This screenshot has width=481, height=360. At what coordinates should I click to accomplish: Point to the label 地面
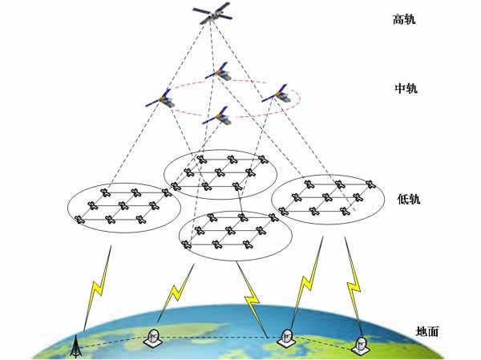tap(426, 331)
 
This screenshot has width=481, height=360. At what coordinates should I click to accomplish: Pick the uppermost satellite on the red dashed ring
tap(220, 73)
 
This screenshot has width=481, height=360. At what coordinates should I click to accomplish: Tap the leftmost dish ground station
tap(154, 338)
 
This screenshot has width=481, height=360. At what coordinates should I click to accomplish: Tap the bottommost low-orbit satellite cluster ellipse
tap(231, 236)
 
